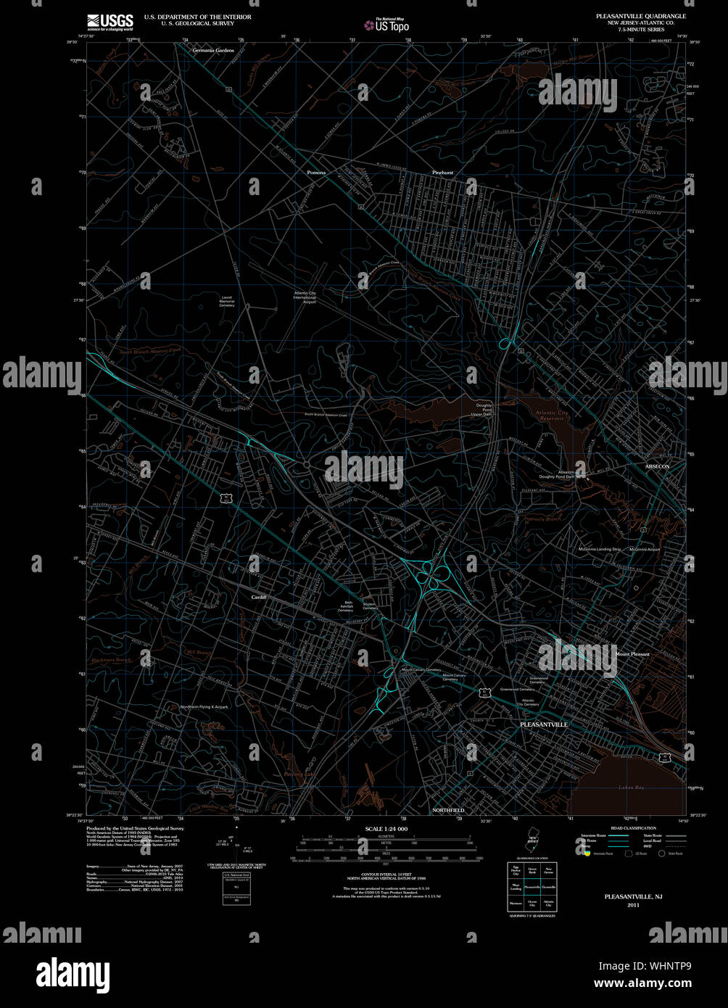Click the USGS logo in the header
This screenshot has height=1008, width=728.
pos(109,21)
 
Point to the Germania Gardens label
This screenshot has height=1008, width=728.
pos(214,50)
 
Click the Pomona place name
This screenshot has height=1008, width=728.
pos(315,173)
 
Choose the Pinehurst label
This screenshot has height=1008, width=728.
pos(442,173)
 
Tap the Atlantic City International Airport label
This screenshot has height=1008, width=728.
pos(305,298)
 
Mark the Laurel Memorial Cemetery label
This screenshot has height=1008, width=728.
pos(227,301)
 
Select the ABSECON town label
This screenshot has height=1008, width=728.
pos(657,465)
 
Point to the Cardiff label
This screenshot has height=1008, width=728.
pos(259,597)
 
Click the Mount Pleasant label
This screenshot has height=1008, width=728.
pos(632,654)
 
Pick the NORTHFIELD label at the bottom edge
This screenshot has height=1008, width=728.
pos(447,809)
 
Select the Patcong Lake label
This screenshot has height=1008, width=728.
pos(300,774)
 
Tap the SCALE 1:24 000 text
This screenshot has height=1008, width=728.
pos(386,829)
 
